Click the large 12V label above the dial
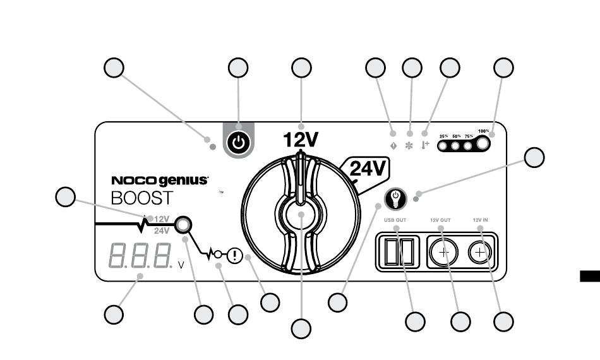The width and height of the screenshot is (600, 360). click(x=301, y=139)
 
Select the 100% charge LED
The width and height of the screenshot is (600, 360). click(x=483, y=144)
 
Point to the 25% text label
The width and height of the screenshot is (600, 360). click(x=444, y=136)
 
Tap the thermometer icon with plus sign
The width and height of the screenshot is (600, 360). click(x=425, y=145)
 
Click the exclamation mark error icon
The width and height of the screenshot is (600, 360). click(x=235, y=255)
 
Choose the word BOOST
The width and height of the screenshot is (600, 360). click(x=141, y=198)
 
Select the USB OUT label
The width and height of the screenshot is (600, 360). click(x=395, y=220)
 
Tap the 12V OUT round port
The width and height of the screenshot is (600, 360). click(x=444, y=253)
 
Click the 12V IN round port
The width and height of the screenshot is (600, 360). click(x=480, y=253)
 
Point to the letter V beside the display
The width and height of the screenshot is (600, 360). click(x=181, y=265)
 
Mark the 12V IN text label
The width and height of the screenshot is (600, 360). click(x=480, y=220)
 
